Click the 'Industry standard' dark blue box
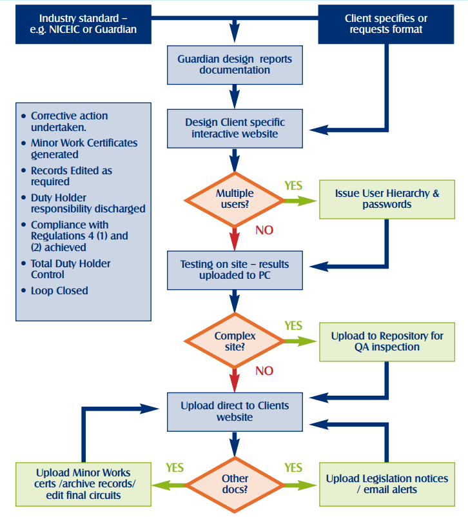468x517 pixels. pos(88,24)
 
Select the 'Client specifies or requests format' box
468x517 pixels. pos(385,24)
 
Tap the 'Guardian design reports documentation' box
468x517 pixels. pos(235,65)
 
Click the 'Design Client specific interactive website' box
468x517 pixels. pos(235,128)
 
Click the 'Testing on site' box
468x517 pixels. pos(235,270)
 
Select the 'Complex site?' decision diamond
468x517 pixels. pos(235,341)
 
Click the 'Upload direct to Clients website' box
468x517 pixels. pos(235,412)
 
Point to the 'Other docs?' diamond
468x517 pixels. pos(235,483)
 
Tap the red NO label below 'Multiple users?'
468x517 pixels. pos(264,230)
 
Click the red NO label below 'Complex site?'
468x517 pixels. pos(264,371)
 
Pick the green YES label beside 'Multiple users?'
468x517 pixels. pos(293,186)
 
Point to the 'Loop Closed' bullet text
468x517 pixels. pos(59,290)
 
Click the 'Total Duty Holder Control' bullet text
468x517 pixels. pos(70,269)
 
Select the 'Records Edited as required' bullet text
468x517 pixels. pos(71,176)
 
